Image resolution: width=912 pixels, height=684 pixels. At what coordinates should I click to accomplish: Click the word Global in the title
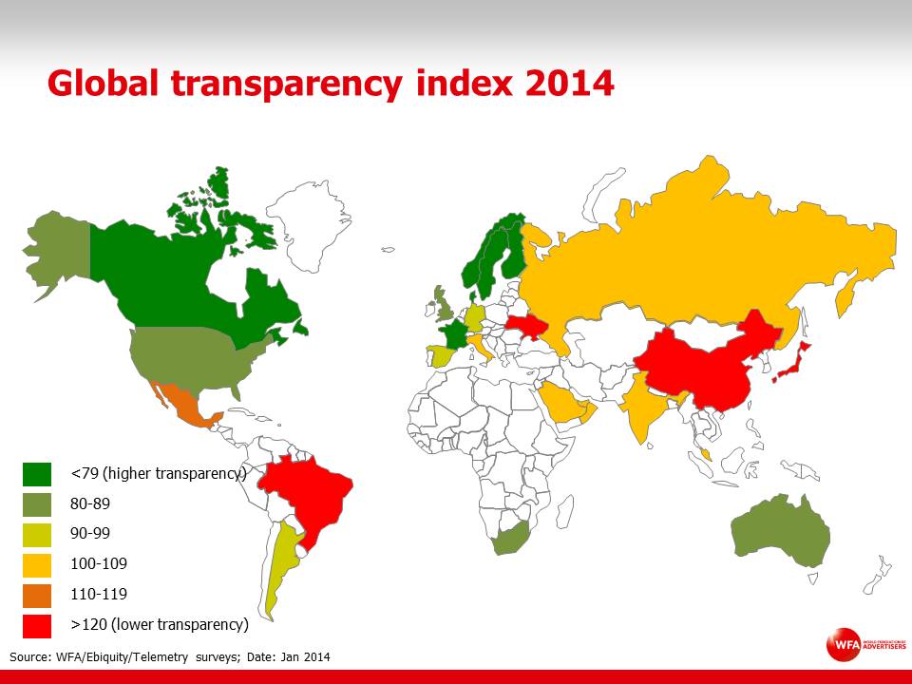tap(104, 84)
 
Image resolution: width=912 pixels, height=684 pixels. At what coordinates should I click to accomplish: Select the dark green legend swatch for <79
tap(37, 473)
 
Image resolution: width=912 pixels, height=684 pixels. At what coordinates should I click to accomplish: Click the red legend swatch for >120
tap(37, 625)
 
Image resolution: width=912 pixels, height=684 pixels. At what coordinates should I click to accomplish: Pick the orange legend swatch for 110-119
tap(37, 595)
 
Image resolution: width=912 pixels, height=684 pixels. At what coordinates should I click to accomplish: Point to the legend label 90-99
tap(90, 534)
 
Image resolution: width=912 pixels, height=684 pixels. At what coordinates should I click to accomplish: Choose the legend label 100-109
tap(98, 564)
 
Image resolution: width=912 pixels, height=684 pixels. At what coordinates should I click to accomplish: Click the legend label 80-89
tap(90, 503)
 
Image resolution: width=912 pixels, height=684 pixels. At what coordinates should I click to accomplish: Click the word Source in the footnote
tap(29, 657)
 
